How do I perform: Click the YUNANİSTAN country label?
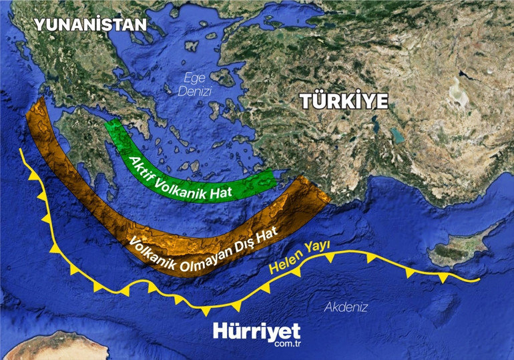pos(90,25)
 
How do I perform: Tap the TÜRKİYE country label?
pos(344,102)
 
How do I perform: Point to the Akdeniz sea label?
pos(346,307)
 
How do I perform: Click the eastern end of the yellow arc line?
pos(478,279)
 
